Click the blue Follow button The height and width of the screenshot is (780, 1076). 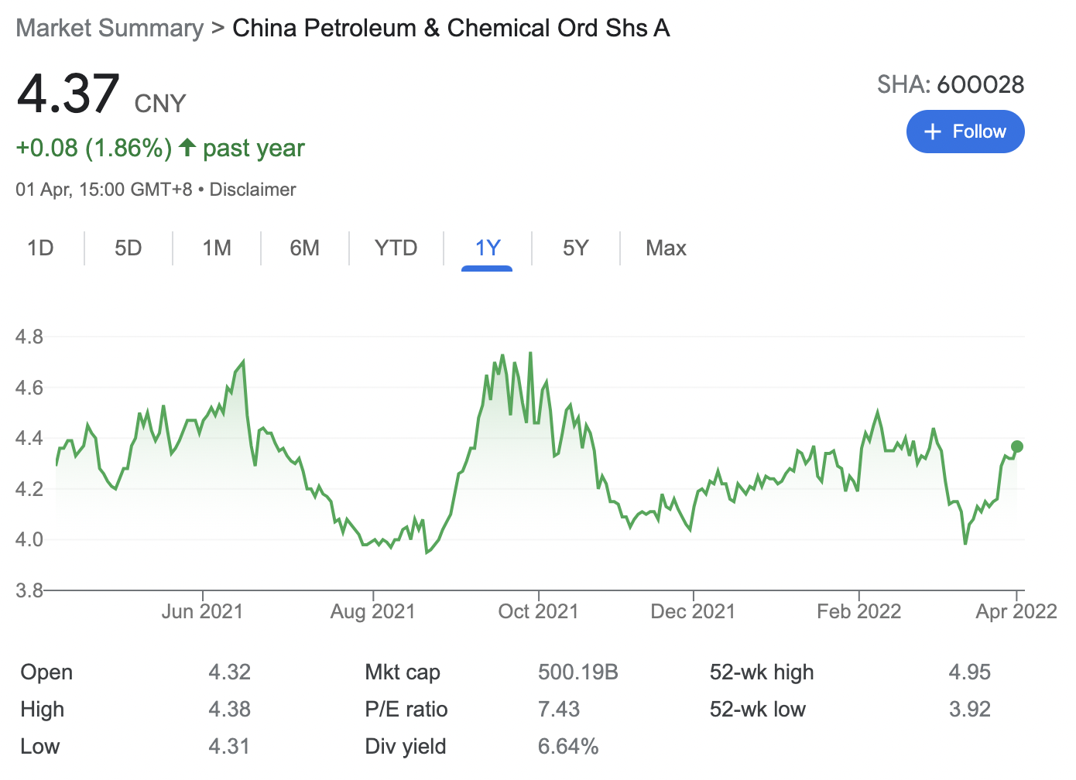(965, 132)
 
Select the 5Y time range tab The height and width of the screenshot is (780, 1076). (575, 248)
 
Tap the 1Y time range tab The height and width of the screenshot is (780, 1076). (487, 248)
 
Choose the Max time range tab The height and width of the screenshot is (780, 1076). (666, 248)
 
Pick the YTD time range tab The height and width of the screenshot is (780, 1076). (396, 248)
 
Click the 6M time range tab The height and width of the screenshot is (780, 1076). (304, 248)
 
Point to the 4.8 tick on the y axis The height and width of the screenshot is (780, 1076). (29, 337)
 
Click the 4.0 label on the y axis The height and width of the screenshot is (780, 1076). (29, 539)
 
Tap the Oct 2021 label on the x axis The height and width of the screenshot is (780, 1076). (538, 611)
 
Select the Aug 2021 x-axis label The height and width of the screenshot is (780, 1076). (372, 611)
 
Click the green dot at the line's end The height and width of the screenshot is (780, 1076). (1017, 446)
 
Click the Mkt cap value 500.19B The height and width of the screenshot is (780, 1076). (577, 672)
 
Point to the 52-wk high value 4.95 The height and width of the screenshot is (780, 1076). (969, 672)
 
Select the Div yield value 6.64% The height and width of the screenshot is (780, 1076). (567, 746)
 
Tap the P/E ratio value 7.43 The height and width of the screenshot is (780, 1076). (558, 709)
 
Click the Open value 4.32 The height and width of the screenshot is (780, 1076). (229, 672)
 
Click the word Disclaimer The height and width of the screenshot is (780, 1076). (252, 190)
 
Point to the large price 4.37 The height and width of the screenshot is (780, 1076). (68, 94)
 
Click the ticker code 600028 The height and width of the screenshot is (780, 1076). (980, 84)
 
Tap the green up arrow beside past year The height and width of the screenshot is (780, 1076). (187, 147)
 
